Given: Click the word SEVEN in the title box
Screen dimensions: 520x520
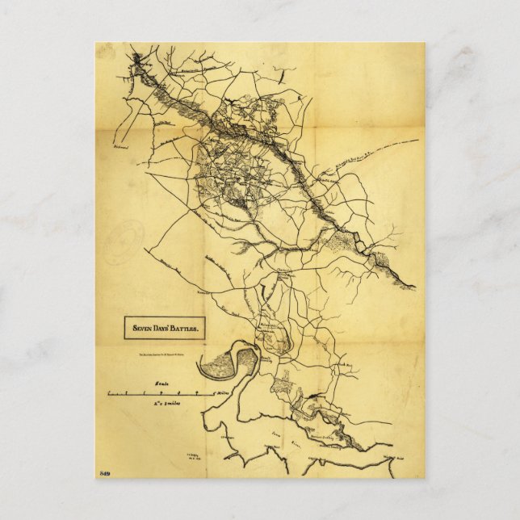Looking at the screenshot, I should tap(140, 329).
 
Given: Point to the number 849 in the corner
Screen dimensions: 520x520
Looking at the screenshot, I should tap(103, 472).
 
